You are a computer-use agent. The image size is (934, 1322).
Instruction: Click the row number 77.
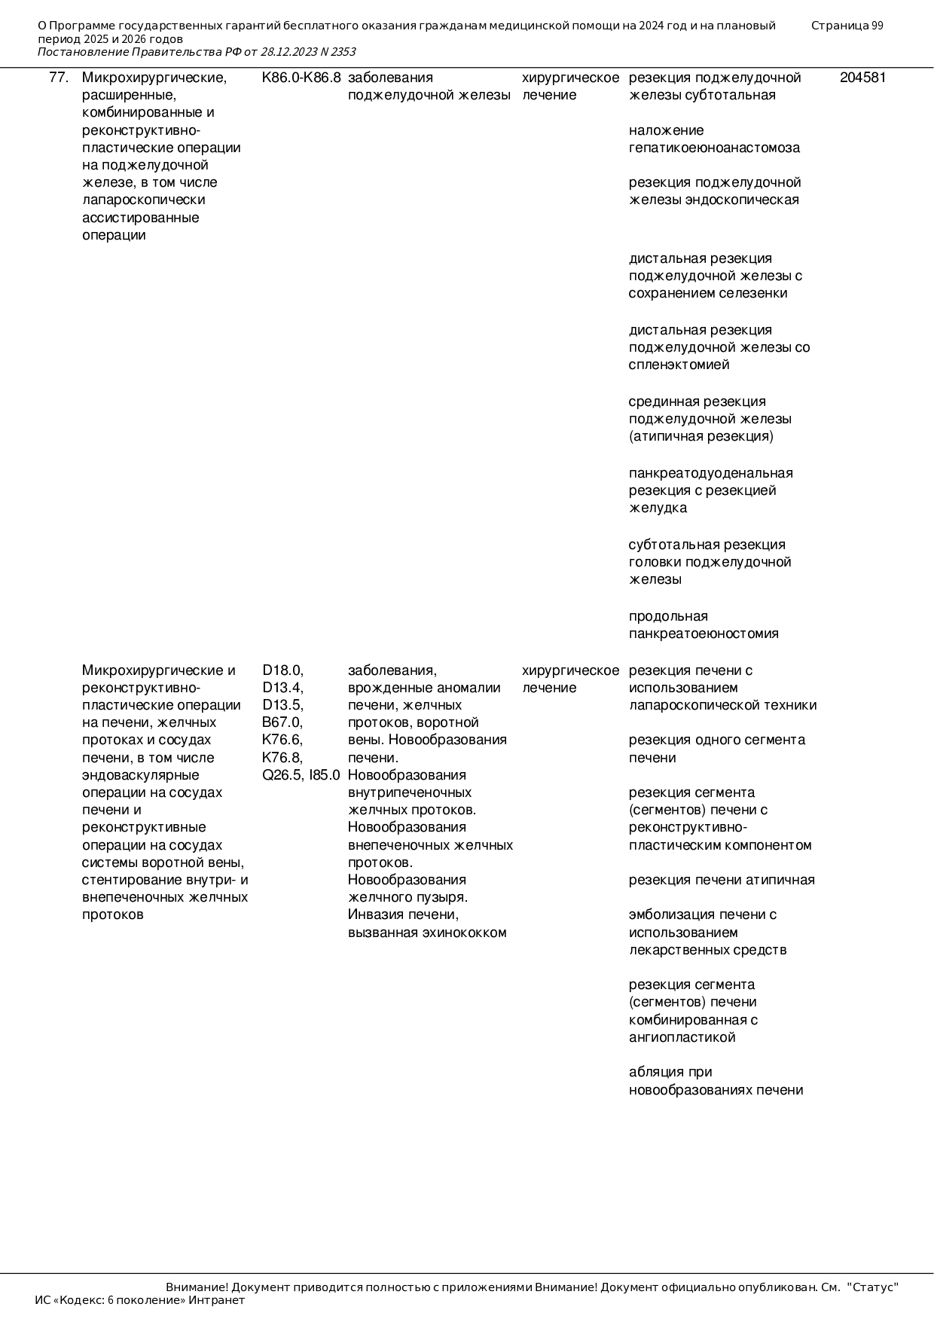59,78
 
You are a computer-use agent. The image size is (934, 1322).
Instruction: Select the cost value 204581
862,78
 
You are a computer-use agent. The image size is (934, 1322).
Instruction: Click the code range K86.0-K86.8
301,78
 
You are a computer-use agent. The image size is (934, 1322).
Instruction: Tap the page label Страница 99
847,26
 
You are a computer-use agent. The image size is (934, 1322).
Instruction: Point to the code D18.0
282,670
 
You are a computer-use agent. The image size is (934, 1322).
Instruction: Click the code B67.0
282,722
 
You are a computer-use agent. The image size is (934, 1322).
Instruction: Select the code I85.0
325,775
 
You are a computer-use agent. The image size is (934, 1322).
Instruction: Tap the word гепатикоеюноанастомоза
714,148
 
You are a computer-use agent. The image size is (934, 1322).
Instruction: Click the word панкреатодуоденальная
710,473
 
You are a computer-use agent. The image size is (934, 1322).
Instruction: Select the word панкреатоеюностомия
704,634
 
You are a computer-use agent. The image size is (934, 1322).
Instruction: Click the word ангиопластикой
682,1037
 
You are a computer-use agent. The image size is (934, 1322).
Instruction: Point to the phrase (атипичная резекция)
700,436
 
